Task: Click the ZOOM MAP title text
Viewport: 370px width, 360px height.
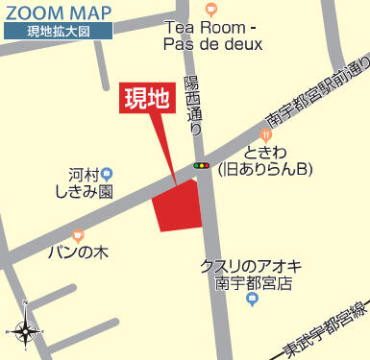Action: [x=58, y=12]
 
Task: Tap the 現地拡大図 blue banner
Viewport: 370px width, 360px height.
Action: [x=57, y=32]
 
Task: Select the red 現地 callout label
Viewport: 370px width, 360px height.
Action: [x=148, y=99]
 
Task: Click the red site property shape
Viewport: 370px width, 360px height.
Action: [x=179, y=205]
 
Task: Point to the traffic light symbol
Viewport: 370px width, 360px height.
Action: [x=202, y=166]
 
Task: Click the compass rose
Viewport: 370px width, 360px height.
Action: [x=26, y=331]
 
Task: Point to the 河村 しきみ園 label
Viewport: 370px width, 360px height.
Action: [x=92, y=183]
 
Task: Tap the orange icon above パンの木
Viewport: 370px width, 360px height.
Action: [x=78, y=234]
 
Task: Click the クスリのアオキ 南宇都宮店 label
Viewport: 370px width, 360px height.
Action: [x=252, y=275]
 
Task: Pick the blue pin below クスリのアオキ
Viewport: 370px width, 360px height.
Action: [x=252, y=300]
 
